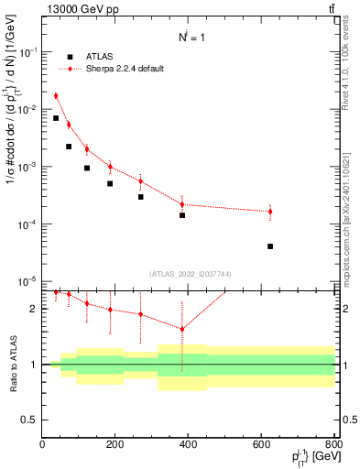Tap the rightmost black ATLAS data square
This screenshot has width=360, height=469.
pos(269,246)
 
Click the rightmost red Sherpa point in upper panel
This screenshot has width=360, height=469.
pos(269,212)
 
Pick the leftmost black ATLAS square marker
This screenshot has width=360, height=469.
pos(56,118)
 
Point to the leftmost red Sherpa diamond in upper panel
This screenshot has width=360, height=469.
pos(56,95)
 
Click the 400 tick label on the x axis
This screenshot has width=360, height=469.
pos(188,444)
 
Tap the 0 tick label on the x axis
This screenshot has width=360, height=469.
pos(42,444)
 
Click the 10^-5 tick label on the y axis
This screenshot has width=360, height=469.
pos(27,281)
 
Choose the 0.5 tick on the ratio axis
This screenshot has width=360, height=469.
pos(30,420)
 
